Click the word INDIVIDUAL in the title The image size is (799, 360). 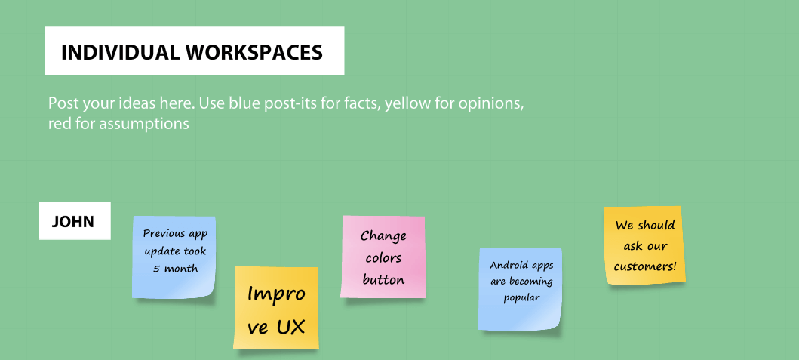pos(120,53)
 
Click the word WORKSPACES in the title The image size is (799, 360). pos(254,53)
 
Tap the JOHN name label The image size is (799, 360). pos(75,221)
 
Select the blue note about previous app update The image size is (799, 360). pos(174,257)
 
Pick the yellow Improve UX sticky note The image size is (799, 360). pos(276,307)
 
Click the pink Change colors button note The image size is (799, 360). pos(383,257)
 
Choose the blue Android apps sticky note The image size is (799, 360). pos(521,289)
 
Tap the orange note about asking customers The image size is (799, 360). pos(644,245)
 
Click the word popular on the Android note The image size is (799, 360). pos(521,297)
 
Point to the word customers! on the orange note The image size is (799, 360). pos(644,266)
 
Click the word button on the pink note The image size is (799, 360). pos(384,279)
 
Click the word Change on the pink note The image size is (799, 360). pos(384,236)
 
